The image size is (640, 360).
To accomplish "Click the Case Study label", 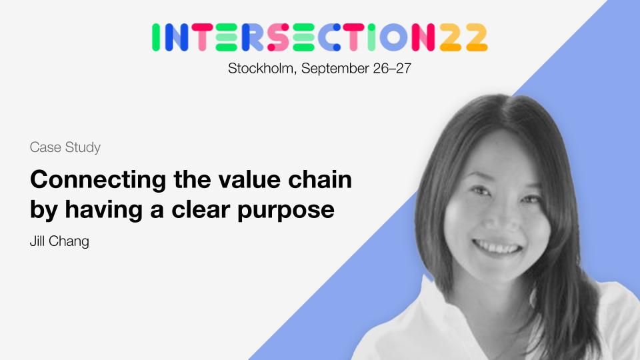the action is pyautogui.click(x=65, y=147).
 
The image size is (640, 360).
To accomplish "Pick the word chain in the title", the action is pyautogui.click(x=320, y=179).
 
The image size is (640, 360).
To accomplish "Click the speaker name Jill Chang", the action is pyautogui.click(x=59, y=241).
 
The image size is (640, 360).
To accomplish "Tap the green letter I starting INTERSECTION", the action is pyautogui.click(x=155, y=37).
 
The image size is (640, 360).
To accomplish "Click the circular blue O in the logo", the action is pyautogui.click(x=393, y=37).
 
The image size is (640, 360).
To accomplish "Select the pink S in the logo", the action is pyautogui.click(x=279, y=37).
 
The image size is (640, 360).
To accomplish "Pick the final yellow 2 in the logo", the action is pyautogui.click(x=476, y=37).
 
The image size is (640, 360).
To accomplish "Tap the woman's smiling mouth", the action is pyautogui.click(x=497, y=246).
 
